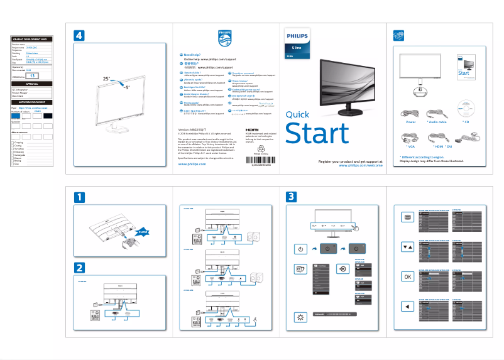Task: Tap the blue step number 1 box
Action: [x=79, y=197]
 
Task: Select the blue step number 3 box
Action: [x=291, y=197]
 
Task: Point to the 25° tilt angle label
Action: [x=107, y=80]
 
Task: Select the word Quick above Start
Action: [x=297, y=114]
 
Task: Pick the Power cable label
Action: [x=411, y=122]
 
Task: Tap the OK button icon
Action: [x=407, y=276]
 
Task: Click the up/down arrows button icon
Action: [x=407, y=246]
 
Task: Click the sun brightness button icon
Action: [x=301, y=317]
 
